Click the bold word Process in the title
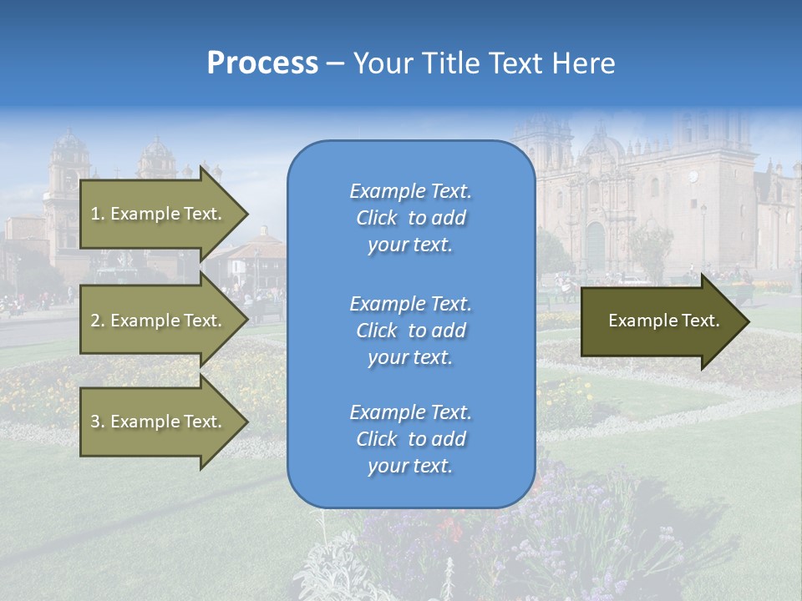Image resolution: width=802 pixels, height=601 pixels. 262,63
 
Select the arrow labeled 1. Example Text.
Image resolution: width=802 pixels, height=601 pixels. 159,214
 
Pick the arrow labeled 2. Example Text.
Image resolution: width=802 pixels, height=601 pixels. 159,321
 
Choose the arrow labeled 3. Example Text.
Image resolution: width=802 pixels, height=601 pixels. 159,422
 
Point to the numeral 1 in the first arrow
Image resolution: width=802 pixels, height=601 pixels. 94,214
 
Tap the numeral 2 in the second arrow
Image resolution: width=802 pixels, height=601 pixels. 94,321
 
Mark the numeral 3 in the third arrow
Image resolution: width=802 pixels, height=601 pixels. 94,422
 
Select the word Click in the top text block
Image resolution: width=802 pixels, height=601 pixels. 377,219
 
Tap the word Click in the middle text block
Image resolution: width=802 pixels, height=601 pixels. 377,331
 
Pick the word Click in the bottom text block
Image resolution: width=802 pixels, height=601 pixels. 377,439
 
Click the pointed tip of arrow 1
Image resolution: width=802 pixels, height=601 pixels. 246,214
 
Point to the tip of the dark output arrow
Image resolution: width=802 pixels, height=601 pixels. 747,321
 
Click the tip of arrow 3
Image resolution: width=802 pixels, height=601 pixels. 246,422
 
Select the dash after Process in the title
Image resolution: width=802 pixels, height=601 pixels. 335,63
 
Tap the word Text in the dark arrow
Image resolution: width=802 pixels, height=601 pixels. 702,321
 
